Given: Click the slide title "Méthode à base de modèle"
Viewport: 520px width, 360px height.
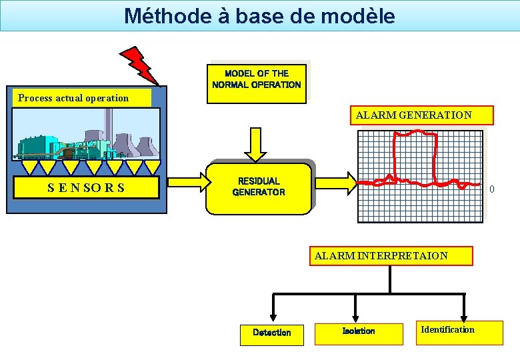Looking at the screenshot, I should (259, 15).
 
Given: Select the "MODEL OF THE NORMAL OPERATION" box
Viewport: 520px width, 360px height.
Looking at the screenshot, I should (257, 80).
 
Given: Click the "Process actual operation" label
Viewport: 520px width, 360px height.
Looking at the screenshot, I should (74, 98).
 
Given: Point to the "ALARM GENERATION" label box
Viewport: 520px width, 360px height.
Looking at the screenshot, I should (413, 115).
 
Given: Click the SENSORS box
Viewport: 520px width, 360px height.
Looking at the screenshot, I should (86, 187).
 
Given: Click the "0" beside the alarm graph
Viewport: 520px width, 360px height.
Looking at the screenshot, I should (492, 189).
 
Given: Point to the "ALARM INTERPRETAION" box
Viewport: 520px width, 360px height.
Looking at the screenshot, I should (391, 256).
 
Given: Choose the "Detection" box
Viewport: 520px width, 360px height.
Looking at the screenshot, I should (272, 333).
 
